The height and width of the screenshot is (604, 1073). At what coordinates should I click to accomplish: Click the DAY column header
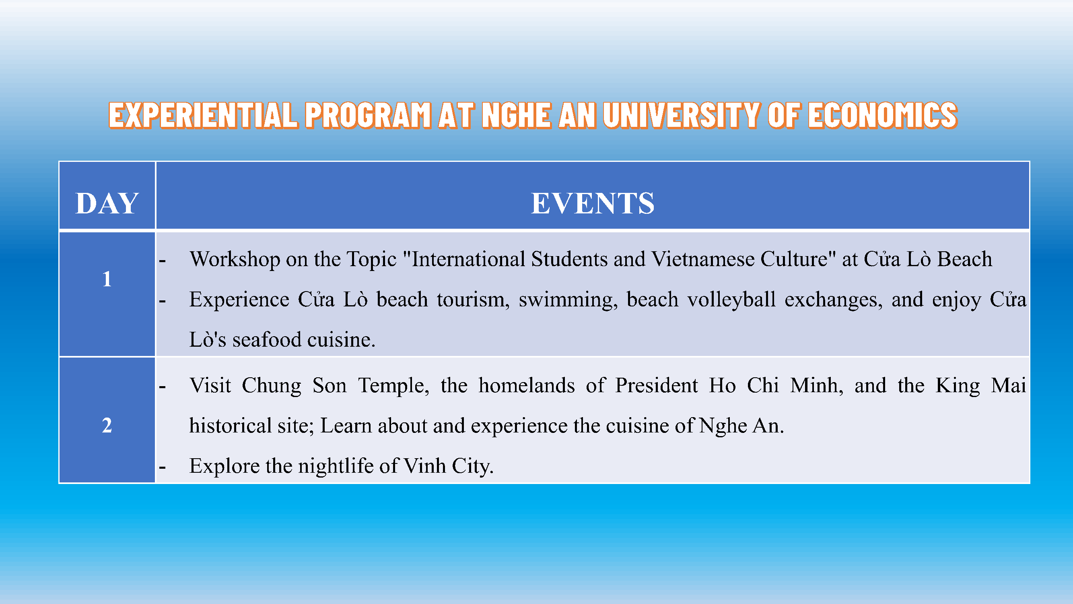107,203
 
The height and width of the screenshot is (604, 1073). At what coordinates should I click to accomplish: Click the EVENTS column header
593,203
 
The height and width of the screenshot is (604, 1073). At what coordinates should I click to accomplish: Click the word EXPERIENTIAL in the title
204,115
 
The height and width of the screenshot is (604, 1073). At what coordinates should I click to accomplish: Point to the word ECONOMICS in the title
883,115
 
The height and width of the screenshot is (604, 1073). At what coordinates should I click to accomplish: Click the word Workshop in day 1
235,259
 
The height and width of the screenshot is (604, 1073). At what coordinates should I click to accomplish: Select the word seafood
267,340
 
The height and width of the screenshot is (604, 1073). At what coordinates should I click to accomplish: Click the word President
657,385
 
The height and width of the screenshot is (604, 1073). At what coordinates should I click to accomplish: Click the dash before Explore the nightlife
163,467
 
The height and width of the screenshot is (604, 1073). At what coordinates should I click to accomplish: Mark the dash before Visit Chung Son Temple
163,387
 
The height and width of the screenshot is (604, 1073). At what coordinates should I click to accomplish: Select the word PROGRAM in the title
368,115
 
